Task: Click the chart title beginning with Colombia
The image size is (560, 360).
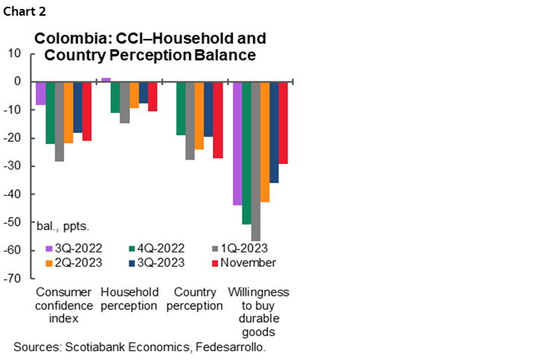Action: [x=150, y=46]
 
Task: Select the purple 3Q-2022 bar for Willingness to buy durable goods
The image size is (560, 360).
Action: [x=237, y=143]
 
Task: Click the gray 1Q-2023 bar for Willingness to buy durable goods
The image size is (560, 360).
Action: [x=255, y=161]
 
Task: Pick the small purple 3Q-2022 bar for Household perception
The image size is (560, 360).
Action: [x=106, y=79]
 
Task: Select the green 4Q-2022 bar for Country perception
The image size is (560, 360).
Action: [x=181, y=108]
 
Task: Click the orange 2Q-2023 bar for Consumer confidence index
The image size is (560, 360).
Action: [x=69, y=112]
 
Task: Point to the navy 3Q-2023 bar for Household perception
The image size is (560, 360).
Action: [x=143, y=92]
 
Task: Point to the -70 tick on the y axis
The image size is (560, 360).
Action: [x=13, y=279]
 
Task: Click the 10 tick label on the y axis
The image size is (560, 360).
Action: [x=15, y=53]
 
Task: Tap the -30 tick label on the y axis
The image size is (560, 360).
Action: [x=13, y=166]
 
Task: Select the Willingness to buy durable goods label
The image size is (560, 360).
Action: [x=258, y=311]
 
